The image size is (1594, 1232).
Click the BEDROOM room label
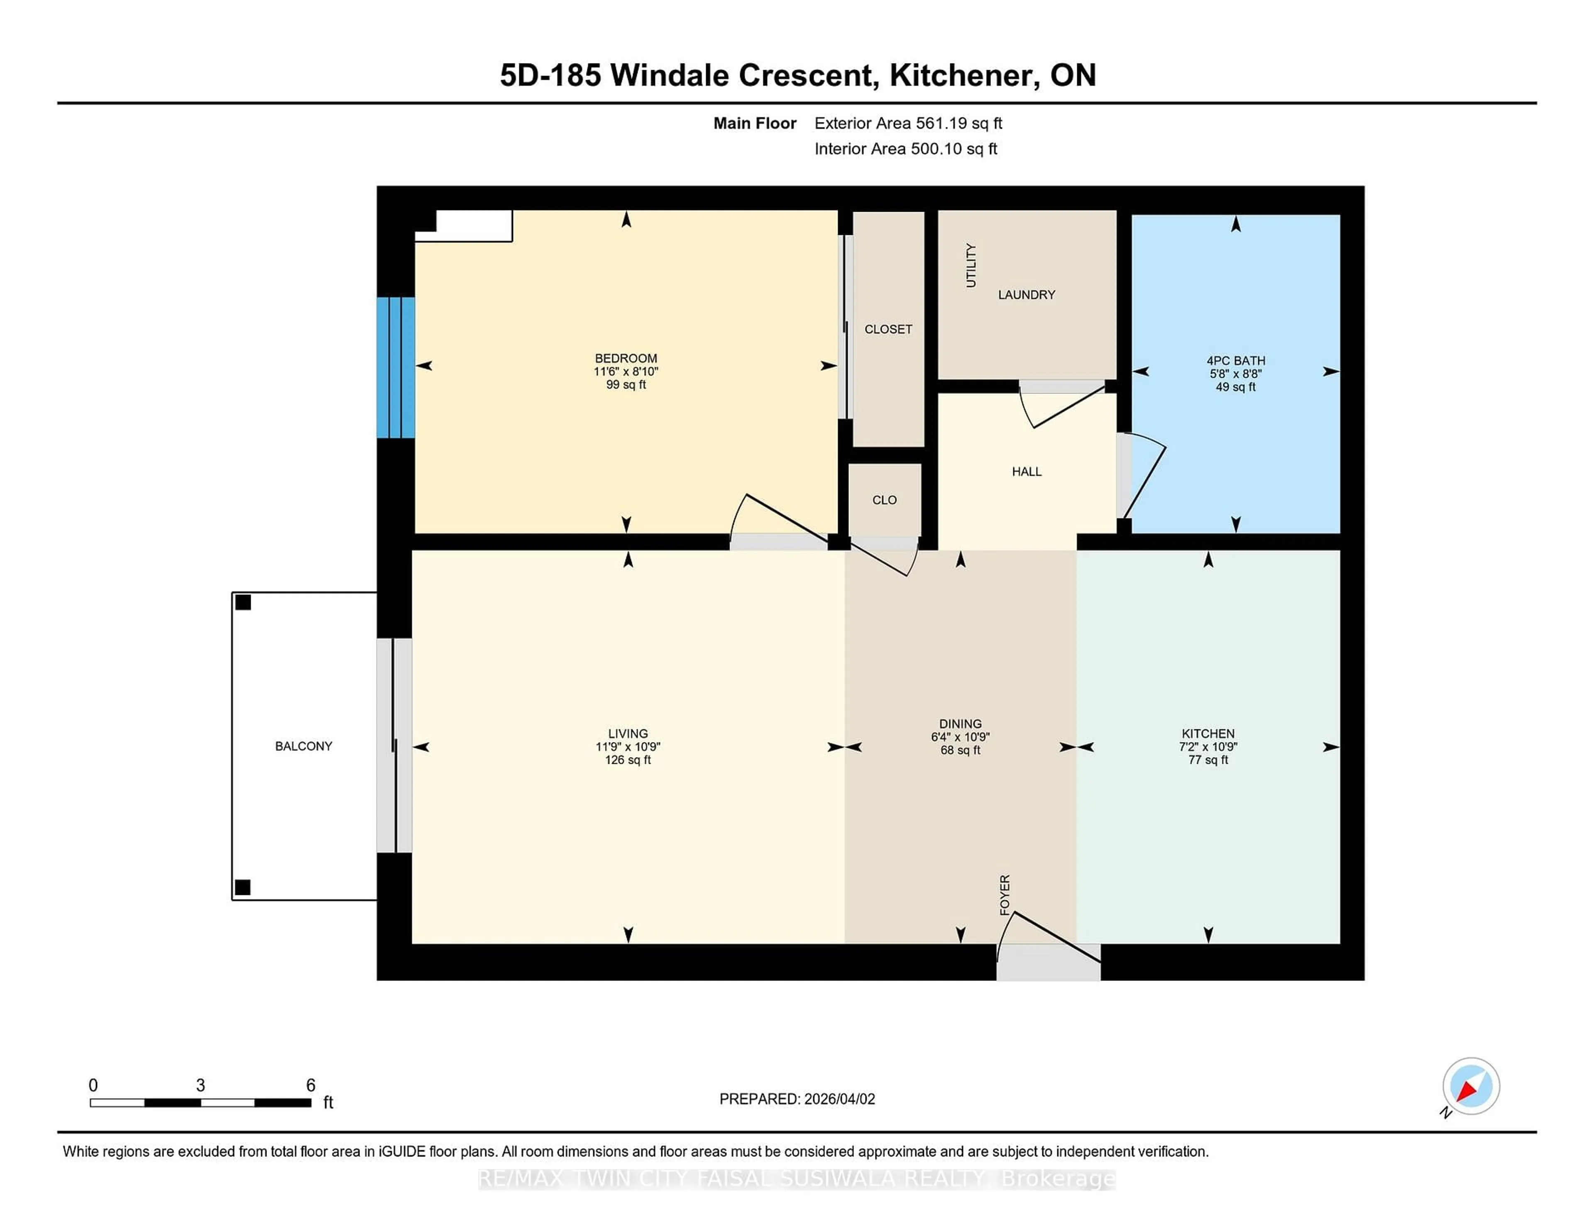[x=626, y=358]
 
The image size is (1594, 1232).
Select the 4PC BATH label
[x=1235, y=361]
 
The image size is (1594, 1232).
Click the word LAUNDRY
[x=1026, y=295]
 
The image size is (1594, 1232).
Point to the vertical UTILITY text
[x=971, y=266]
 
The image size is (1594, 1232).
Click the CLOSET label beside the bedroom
[x=887, y=329]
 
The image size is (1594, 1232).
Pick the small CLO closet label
[x=884, y=500]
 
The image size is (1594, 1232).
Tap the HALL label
[x=1026, y=472]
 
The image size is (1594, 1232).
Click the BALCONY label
[x=303, y=746]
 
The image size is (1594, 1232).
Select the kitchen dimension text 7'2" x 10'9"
[x=1208, y=747]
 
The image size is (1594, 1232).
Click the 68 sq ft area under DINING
[x=960, y=750]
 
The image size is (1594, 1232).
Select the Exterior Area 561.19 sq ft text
[x=908, y=123]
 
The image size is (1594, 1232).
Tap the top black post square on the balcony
[x=243, y=602]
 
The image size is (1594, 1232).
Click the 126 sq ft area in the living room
[x=628, y=760]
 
